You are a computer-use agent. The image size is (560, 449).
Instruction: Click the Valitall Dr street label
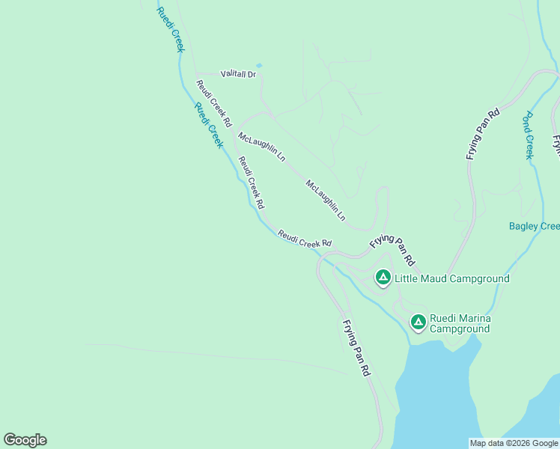pos(238,74)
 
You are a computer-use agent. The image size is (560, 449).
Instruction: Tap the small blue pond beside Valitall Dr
pos(259,66)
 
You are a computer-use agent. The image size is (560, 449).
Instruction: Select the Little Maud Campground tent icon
pos(383,278)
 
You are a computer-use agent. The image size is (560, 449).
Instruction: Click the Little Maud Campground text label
pos(452,278)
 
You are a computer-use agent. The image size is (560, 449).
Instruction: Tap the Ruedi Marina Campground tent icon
pos(418,323)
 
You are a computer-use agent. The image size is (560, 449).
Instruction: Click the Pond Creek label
pos(528,135)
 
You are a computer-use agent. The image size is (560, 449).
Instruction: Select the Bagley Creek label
pos(534,226)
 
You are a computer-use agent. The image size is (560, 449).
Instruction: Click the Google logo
pos(25,440)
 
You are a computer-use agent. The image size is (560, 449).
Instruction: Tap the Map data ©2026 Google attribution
pos(514,443)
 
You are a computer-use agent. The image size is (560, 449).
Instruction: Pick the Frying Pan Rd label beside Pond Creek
pos(482,134)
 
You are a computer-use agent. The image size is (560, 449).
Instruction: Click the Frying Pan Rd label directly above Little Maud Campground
pos(392,249)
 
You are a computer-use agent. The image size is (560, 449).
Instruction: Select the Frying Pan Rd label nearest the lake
pos(356,348)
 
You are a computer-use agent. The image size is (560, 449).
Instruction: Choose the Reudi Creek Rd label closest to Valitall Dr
pos(214,103)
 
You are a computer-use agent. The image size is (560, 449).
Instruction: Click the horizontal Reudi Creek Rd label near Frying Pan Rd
pos(305,239)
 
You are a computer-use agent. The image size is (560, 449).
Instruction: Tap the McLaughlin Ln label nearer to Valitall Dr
pos(261,147)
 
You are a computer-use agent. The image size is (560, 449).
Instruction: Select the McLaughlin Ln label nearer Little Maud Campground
pos(326,200)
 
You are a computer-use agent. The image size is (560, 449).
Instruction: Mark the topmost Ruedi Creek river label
pos(171,29)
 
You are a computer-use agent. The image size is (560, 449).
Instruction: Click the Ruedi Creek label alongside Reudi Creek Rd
pos(209,124)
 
